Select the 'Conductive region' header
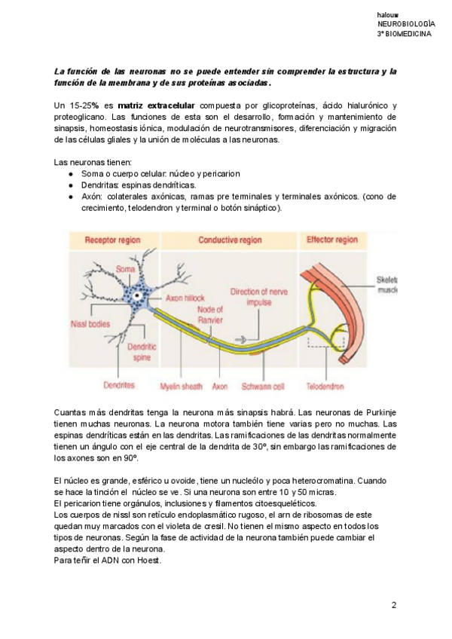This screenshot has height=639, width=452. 230,240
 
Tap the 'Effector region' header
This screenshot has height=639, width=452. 331,240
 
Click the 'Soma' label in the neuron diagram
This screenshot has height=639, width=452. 125,269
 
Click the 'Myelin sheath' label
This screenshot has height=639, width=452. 182,387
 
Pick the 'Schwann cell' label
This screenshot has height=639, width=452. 267,387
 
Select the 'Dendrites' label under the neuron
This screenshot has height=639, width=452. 119,385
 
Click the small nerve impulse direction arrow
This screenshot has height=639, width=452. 243,338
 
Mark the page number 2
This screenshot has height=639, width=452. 393,605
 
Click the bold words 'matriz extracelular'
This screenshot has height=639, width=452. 161,105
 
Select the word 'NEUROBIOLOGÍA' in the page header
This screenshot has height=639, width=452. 406,25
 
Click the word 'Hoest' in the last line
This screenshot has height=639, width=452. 148,561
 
